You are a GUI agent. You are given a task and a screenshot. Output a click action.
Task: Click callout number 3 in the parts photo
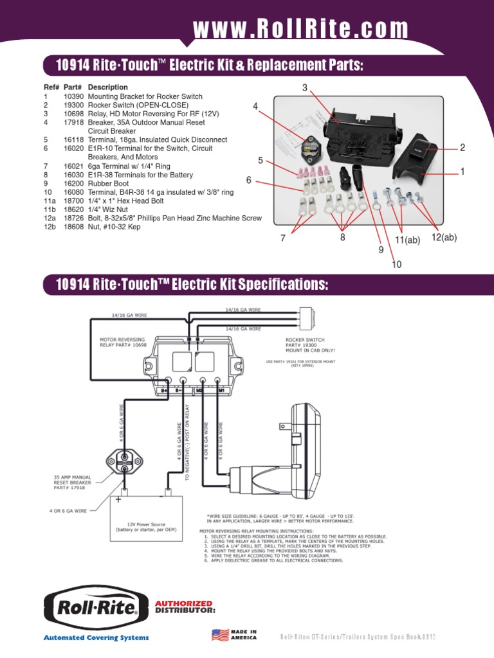[x=305, y=87]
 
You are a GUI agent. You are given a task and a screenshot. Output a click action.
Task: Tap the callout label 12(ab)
[x=444, y=238]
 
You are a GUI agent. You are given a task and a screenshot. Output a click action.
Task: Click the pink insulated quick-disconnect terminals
[x=311, y=172]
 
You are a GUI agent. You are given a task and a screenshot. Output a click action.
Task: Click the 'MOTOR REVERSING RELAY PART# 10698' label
[x=122, y=341]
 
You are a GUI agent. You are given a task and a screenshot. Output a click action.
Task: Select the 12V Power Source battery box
[x=149, y=517]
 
